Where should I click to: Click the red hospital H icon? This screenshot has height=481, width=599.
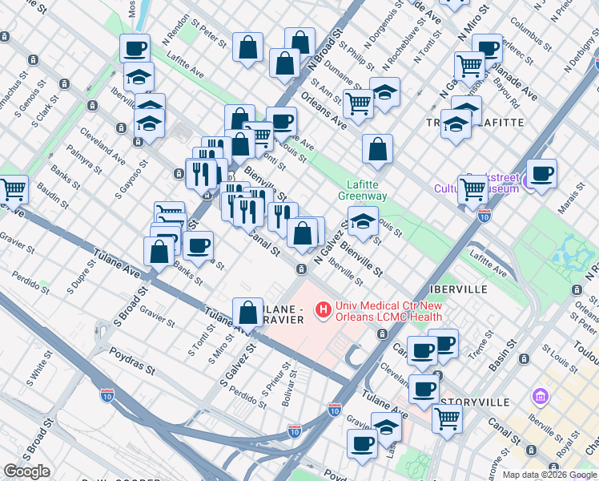[323, 309]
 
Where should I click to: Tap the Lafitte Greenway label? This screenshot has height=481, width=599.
[362, 190]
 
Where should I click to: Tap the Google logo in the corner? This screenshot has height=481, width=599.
[26, 471]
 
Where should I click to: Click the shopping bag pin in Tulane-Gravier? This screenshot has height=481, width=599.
[248, 312]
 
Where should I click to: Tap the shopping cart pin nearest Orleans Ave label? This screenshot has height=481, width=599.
[358, 103]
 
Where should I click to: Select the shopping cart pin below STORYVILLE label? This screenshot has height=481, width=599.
[447, 418]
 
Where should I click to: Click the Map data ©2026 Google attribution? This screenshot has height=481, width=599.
[550, 475]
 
